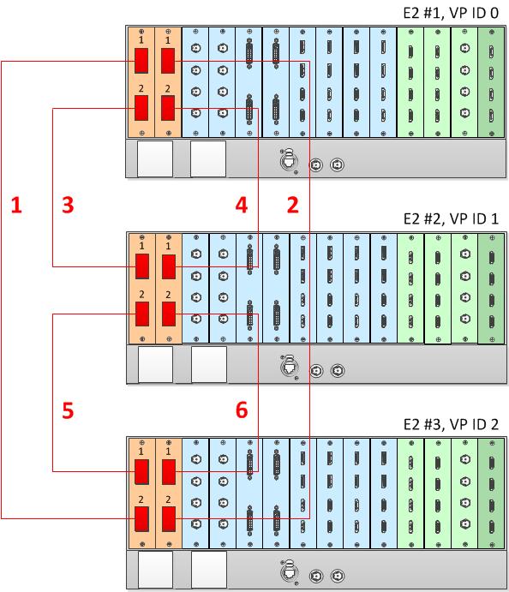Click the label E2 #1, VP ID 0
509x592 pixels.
451,13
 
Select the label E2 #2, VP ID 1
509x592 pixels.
451,218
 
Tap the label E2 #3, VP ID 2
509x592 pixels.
451,424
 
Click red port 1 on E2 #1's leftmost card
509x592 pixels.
141,61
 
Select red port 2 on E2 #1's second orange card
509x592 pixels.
168,108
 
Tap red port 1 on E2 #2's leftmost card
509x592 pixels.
142,266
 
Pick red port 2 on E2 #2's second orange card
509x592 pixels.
169,314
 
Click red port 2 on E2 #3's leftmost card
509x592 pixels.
141,519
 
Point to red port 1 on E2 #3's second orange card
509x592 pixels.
169,471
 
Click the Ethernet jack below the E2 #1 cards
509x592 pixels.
289,161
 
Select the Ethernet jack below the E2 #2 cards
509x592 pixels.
290,367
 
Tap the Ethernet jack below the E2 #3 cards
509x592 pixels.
290,572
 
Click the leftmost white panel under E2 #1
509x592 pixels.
155,158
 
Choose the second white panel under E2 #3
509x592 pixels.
209,570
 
